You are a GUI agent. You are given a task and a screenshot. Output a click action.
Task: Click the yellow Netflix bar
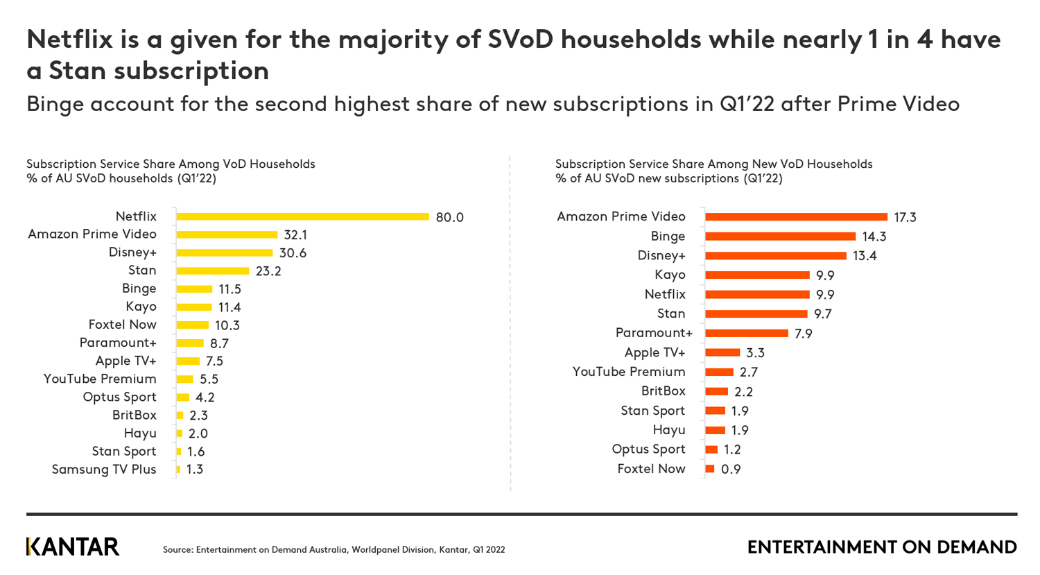point(302,217)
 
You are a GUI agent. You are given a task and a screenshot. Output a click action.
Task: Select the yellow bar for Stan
point(212,271)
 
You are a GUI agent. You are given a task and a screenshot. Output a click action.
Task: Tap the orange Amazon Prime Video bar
point(796,217)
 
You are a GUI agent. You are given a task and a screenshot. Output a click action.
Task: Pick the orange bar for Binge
point(780,237)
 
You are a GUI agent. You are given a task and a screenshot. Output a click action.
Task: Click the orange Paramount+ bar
point(747,334)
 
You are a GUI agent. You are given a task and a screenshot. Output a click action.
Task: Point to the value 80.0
point(449,218)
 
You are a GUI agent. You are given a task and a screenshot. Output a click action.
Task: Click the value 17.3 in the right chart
point(905,218)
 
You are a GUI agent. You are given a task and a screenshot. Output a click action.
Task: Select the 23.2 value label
point(268,271)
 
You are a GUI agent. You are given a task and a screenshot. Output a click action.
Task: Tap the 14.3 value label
point(874,237)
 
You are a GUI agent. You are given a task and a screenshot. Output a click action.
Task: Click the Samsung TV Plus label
point(104,470)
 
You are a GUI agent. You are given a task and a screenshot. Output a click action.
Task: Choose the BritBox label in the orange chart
point(663,391)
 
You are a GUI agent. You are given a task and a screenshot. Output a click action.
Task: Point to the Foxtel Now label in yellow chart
point(122,325)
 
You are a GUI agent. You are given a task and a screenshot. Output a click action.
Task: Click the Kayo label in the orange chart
point(670,275)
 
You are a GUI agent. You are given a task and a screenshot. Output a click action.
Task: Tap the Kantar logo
point(73,547)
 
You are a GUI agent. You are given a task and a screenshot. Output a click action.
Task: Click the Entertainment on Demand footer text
point(882,547)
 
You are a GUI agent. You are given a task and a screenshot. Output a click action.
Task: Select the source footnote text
point(333,550)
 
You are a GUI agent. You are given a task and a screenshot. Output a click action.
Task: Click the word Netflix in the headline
point(69,40)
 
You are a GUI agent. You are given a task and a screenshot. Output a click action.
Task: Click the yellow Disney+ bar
point(224,253)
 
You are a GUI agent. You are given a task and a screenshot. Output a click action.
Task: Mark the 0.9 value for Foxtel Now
point(731,470)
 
